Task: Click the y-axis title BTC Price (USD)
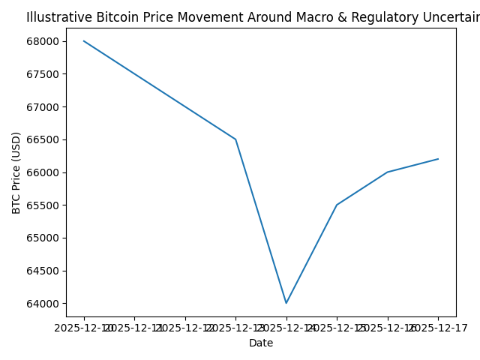(16, 172)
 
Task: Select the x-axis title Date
(261, 343)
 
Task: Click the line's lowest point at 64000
(286, 303)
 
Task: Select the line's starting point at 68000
(84, 41)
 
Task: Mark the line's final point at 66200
(438, 159)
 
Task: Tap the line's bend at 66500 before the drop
(235, 139)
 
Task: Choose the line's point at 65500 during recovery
(337, 205)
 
